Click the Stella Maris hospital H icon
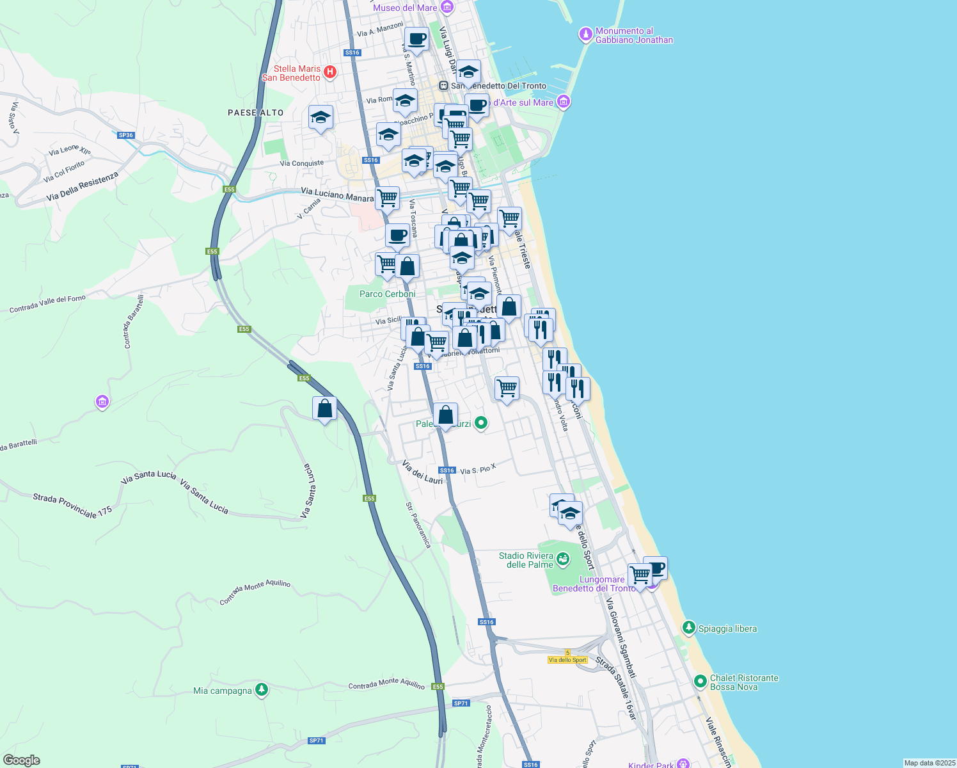pyautogui.click(x=330, y=72)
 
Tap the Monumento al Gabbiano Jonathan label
pyautogui.click(x=634, y=35)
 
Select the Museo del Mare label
pyautogui.click(x=405, y=8)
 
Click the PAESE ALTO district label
pyautogui.click(x=255, y=113)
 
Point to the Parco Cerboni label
pyautogui.click(x=387, y=294)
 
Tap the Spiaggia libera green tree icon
pyautogui.click(x=689, y=628)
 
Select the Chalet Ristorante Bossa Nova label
pyautogui.click(x=744, y=682)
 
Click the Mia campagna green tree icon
pyautogui.click(x=261, y=689)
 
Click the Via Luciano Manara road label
pyautogui.click(x=337, y=195)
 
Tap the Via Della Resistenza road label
pyautogui.click(x=83, y=186)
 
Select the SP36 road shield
pyautogui.click(x=126, y=135)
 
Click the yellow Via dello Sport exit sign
pyautogui.click(x=567, y=660)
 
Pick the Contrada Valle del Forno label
pyautogui.click(x=47, y=304)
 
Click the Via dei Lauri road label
pyautogui.click(x=422, y=472)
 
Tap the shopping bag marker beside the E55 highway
pyautogui.click(x=324, y=408)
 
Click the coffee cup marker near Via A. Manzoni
pyautogui.click(x=416, y=38)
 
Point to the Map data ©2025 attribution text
pyautogui.click(x=929, y=763)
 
